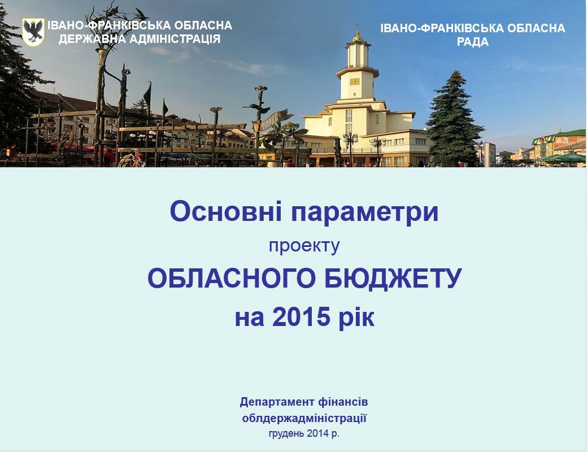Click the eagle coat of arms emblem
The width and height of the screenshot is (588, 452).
pyautogui.click(x=33, y=32)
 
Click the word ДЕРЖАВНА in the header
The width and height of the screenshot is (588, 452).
pyautogui.click(x=92, y=39)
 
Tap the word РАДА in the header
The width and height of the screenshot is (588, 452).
pyautogui.click(x=473, y=42)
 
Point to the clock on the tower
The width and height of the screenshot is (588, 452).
pyautogui.click(x=354, y=81)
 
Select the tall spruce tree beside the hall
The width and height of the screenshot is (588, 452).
pyautogui.click(x=454, y=119)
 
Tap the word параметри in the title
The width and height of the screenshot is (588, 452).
pyautogui.click(x=364, y=212)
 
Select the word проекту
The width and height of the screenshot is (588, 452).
pyautogui.click(x=304, y=246)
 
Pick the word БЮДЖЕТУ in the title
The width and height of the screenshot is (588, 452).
pyautogui.click(x=393, y=279)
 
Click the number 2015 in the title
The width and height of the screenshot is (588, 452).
pyautogui.click(x=301, y=317)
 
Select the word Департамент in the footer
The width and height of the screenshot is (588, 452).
pyautogui.click(x=277, y=402)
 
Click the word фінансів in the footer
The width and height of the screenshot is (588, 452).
pyautogui.click(x=343, y=402)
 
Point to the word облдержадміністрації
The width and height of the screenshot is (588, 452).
pyautogui.click(x=304, y=418)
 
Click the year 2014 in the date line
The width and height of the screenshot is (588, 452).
pyautogui.click(x=317, y=433)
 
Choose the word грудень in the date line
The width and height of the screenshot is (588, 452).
pyautogui.click(x=286, y=434)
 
